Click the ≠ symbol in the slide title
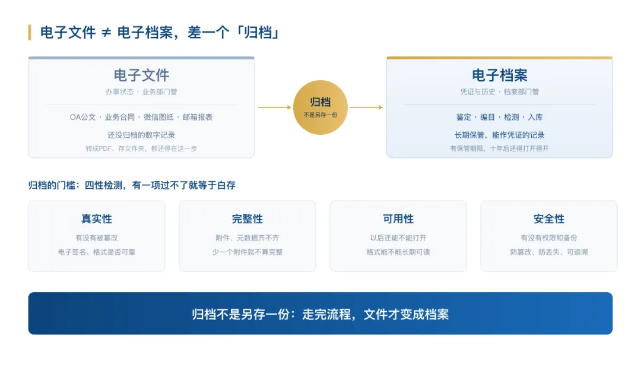(106, 33)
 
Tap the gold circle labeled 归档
(320, 107)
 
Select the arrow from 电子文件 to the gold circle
(275, 107)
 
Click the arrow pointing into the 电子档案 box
(366, 107)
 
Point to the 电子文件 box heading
(141, 75)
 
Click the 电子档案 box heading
(500, 75)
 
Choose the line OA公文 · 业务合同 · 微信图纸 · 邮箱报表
(141, 118)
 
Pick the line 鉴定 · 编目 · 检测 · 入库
(500, 118)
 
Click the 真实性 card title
(97, 219)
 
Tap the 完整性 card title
(247, 219)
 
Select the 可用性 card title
(398, 219)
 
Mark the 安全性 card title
(549, 219)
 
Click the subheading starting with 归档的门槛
(132, 186)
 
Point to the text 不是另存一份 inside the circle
(320, 115)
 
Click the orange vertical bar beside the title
(30, 33)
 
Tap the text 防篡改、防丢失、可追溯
(549, 252)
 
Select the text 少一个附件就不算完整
(247, 252)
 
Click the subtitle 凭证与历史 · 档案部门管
(500, 92)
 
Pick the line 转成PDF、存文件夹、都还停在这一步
(141, 148)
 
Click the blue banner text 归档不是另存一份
(240, 315)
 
